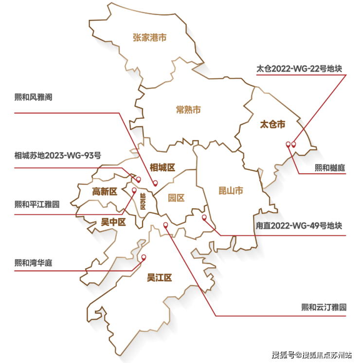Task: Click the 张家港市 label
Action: (149, 37)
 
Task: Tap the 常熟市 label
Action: (188, 109)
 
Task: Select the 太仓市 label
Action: (272, 124)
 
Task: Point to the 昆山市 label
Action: (230, 191)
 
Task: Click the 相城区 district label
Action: (162, 168)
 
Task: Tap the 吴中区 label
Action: (113, 222)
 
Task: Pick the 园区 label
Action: (177, 198)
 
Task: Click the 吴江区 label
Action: (160, 278)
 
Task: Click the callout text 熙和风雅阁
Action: (40, 97)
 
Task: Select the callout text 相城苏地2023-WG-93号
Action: (58, 156)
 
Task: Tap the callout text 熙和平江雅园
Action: (37, 204)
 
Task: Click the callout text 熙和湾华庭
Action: (33, 263)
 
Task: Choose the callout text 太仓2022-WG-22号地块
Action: (299, 69)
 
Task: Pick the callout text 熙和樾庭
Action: (329, 168)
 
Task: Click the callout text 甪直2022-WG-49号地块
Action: (299, 226)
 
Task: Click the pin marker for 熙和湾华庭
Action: (143, 257)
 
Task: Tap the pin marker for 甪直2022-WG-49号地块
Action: (204, 217)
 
